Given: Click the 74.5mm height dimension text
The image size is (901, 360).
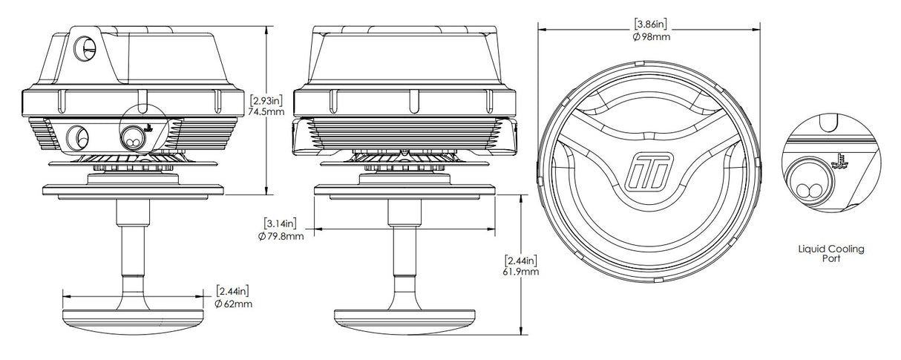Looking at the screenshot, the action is click(x=266, y=111).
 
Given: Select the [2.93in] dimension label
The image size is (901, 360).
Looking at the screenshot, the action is click(x=266, y=99).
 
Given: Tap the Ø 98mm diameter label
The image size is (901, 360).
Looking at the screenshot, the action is click(x=651, y=37).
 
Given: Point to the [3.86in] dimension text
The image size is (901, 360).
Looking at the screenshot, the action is click(x=650, y=24).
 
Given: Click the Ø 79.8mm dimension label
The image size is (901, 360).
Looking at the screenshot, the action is click(x=281, y=236).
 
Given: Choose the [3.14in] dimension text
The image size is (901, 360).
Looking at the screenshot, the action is click(x=281, y=223).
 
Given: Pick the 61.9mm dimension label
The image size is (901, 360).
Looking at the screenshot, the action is click(x=520, y=272).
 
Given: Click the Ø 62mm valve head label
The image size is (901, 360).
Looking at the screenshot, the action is click(x=234, y=304).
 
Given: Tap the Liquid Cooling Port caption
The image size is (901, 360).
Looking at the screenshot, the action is click(x=831, y=253).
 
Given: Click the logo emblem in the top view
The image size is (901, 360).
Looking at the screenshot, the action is click(x=649, y=171).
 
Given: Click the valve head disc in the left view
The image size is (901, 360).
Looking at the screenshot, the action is click(x=133, y=322).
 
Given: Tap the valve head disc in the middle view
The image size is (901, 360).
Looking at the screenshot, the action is click(x=404, y=322).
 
